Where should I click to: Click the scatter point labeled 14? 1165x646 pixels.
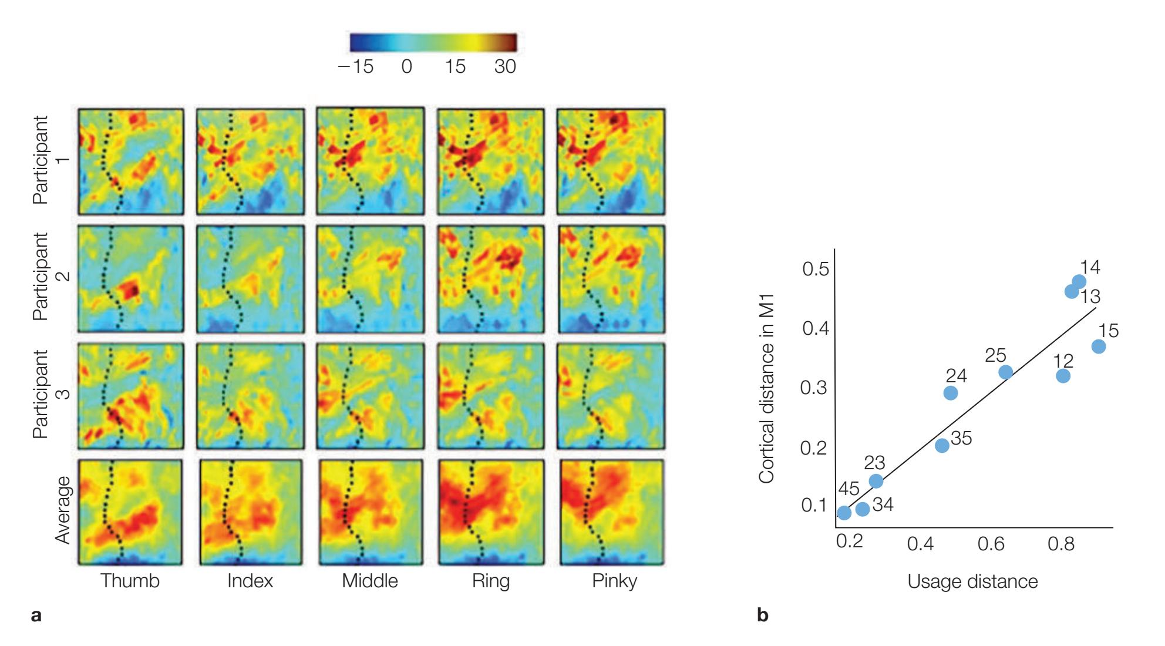coord(1079,282)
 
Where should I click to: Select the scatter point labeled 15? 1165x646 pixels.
coord(1098,346)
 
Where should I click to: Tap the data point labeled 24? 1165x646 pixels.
coord(951,393)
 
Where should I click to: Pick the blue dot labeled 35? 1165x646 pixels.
coord(942,445)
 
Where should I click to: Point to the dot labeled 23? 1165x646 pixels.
coord(876,481)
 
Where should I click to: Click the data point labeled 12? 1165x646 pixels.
coord(1063,376)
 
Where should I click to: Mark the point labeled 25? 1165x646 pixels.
coord(1005,372)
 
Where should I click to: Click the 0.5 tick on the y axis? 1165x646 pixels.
coord(816,269)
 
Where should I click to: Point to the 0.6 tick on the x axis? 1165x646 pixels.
coord(991,544)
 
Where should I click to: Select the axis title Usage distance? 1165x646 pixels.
coord(972,581)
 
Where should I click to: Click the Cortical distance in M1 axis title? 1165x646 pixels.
coord(766,389)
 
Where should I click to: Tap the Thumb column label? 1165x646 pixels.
coord(130,581)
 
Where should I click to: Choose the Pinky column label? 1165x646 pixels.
coord(614,581)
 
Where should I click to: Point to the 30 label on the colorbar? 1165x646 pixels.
coord(505,66)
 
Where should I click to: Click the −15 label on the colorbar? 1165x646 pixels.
coord(356,66)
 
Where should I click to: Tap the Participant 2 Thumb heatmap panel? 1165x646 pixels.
coord(130,278)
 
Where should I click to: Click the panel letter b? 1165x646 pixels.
coord(763,615)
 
